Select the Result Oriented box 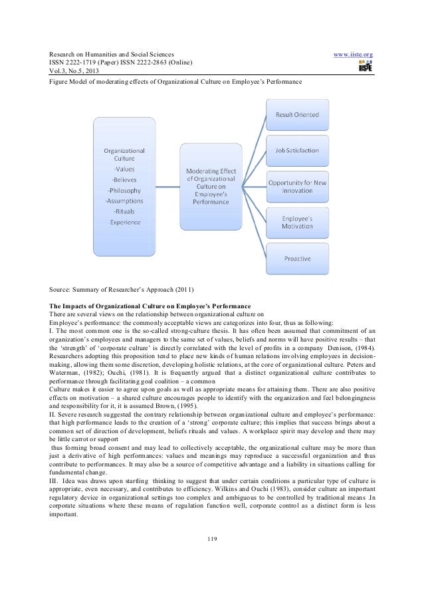pos(297,114)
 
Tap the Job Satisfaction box pos(297,151)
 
